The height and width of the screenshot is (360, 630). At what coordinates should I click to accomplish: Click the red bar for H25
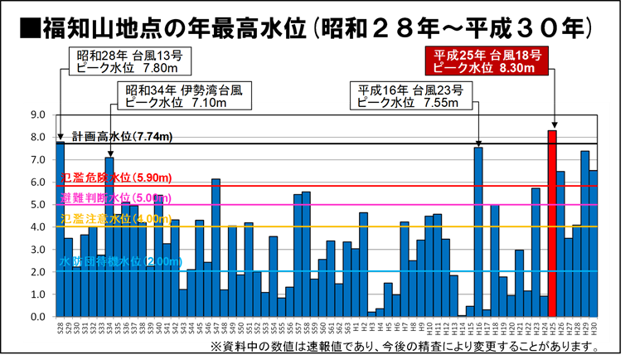coord(551,224)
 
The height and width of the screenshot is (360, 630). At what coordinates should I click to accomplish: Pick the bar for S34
coord(109,237)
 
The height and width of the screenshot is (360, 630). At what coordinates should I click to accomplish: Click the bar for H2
coord(363,265)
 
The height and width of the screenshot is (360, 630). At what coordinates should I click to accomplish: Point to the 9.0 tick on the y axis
coord(38,114)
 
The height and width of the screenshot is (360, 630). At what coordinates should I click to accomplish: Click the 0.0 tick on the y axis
coord(38,317)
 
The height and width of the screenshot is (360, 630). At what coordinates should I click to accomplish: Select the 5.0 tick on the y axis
coord(38,205)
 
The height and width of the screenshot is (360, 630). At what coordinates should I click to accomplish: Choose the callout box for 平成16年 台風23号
coord(410,96)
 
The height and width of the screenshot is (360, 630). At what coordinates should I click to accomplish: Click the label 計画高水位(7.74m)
coord(122,136)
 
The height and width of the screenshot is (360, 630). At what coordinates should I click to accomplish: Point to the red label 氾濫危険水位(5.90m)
coord(116,178)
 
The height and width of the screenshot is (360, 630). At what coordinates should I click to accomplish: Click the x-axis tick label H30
coord(594,328)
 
